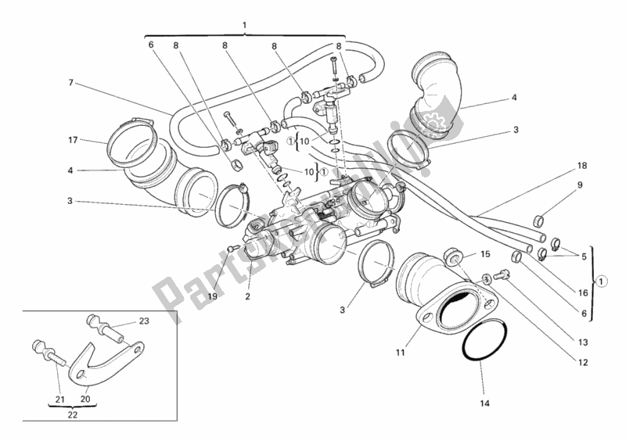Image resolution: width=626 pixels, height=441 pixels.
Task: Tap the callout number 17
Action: click(x=73, y=141)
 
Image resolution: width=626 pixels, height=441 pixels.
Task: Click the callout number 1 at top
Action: click(x=244, y=25)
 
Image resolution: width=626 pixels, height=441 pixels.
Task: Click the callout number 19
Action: click(x=210, y=296)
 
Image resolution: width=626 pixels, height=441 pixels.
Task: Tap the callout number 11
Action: click(x=400, y=353)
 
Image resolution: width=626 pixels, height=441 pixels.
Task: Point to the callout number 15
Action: click(x=484, y=254)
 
